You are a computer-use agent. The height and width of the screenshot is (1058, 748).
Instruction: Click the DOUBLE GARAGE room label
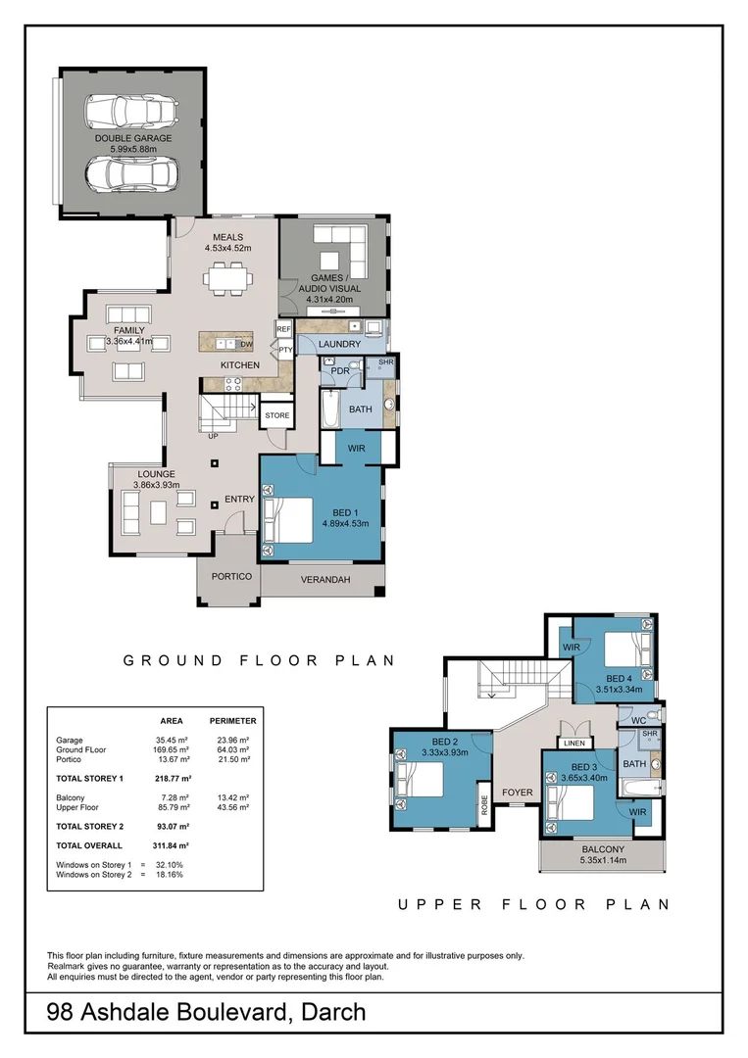(x=133, y=138)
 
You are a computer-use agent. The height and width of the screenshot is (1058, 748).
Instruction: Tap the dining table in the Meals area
(x=227, y=280)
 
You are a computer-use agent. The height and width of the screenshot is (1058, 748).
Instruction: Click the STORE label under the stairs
(x=276, y=416)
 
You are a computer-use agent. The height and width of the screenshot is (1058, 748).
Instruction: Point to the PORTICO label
(x=231, y=576)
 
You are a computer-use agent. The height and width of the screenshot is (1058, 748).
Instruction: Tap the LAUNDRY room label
(x=338, y=345)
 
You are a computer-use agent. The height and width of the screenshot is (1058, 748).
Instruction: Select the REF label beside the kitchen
(x=284, y=330)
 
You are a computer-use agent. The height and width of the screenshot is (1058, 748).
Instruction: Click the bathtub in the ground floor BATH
(x=329, y=410)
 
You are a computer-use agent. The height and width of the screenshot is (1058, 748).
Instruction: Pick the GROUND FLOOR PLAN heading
(x=259, y=661)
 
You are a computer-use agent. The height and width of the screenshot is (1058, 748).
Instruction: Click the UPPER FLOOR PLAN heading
(x=534, y=905)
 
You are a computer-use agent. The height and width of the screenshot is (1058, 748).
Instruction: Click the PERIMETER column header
(x=233, y=720)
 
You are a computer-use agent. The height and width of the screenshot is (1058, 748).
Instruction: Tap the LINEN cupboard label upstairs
(x=573, y=743)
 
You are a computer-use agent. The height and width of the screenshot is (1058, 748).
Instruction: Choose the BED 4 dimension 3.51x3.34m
(x=619, y=690)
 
